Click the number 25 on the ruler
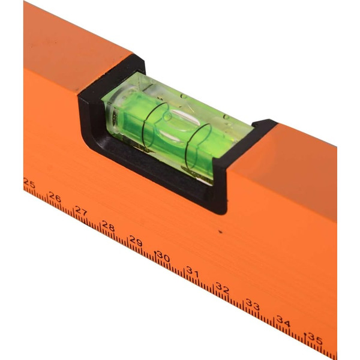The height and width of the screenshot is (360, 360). [x=29, y=184]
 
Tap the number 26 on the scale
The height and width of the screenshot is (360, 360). [x=55, y=197]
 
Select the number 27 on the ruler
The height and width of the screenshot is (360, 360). [x=81, y=211]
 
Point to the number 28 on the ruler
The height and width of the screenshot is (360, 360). [x=108, y=226]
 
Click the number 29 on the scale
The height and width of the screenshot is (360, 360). [x=136, y=241]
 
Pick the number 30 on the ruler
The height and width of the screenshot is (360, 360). [x=163, y=256]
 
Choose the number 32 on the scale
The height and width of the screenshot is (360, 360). [x=222, y=289]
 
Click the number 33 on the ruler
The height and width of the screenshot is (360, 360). [x=253, y=304]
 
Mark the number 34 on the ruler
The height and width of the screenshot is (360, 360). [x=283, y=321]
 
